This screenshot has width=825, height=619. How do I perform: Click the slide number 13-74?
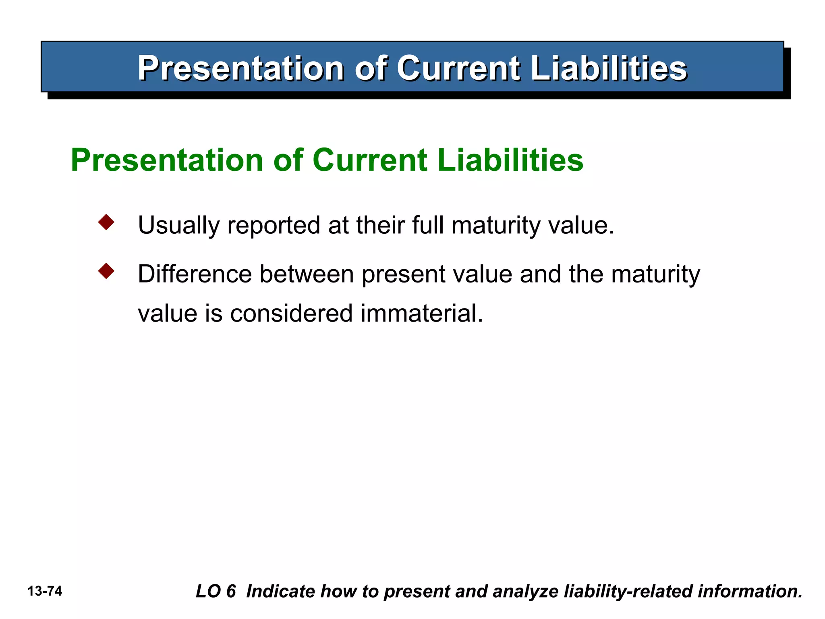click(x=45, y=591)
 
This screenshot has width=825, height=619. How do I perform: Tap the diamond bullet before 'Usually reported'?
click(x=106, y=222)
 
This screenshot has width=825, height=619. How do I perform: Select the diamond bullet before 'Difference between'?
click(x=106, y=271)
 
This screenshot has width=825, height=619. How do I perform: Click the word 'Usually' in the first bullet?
click(x=178, y=225)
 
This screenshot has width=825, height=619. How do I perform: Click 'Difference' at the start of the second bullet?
click(x=195, y=274)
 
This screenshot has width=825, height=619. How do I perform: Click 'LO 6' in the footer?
click(x=216, y=591)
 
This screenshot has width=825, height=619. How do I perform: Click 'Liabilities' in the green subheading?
click(x=510, y=160)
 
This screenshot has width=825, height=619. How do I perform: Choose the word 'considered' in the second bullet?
click(x=291, y=314)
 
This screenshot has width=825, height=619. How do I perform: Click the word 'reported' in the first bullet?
click(x=274, y=225)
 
